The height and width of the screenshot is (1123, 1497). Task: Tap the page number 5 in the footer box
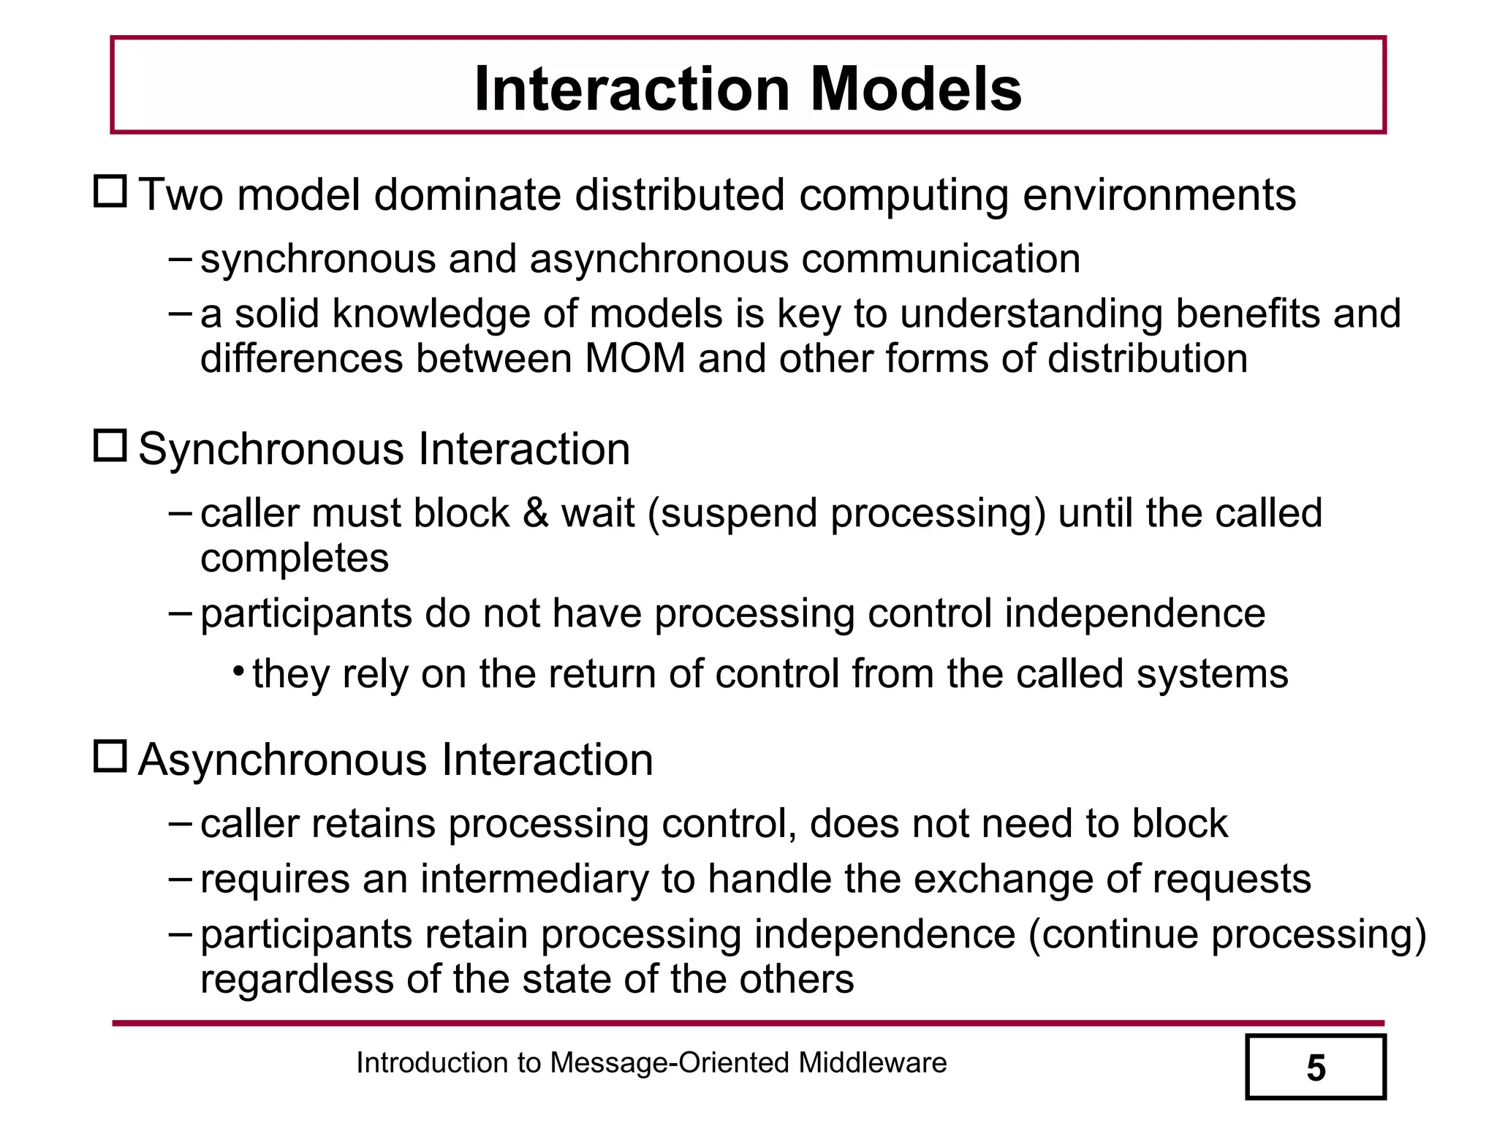[1316, 1068]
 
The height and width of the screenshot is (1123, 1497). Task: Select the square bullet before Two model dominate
[110, 192]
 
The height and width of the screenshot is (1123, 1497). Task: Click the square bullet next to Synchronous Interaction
[110, 445]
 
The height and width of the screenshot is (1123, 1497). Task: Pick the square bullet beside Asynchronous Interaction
[110, 756]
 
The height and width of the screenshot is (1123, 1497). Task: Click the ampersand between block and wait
[536, 513]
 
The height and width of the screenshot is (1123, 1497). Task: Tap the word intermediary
[534, 879]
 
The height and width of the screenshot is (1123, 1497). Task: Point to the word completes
[295, 559]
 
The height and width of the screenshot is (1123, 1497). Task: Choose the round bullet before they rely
[238, 671]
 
